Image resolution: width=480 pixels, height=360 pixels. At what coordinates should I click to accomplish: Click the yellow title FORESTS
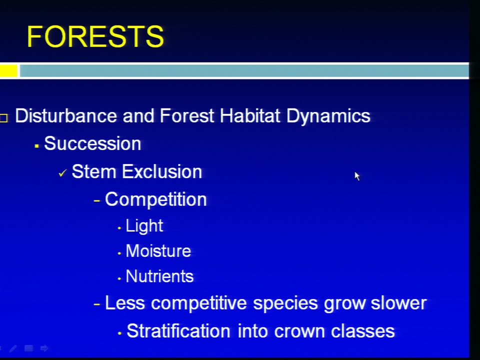[95, 36]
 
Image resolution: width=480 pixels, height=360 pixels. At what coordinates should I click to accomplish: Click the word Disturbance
[66, 115]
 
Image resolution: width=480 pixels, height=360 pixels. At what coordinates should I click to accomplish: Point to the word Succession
[92, 143]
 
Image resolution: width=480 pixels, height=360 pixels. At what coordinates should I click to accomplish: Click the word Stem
[93, 171]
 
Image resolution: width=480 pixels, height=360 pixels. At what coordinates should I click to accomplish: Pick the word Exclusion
[162, 171]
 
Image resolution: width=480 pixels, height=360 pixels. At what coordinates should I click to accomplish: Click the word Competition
[156, 200]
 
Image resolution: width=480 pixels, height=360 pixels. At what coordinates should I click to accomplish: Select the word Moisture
[158, 251]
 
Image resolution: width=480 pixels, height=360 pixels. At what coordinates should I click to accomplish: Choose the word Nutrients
[159, 276]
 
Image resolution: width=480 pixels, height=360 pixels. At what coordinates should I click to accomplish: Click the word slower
[398, 303]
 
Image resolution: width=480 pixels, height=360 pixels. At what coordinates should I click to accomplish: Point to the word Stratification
[178, 331]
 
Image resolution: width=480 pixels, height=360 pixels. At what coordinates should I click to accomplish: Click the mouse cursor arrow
[357, 176]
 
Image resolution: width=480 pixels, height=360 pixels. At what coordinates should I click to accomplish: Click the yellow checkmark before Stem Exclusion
[62, 173]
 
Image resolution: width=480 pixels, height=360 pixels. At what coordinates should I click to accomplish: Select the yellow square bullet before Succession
[36, 146]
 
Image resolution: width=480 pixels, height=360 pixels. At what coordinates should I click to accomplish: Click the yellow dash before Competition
[96, 201]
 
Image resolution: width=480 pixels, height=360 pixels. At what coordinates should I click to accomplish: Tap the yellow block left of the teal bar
[8, 70]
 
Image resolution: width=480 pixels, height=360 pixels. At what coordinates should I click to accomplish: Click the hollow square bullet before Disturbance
[3, 118]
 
